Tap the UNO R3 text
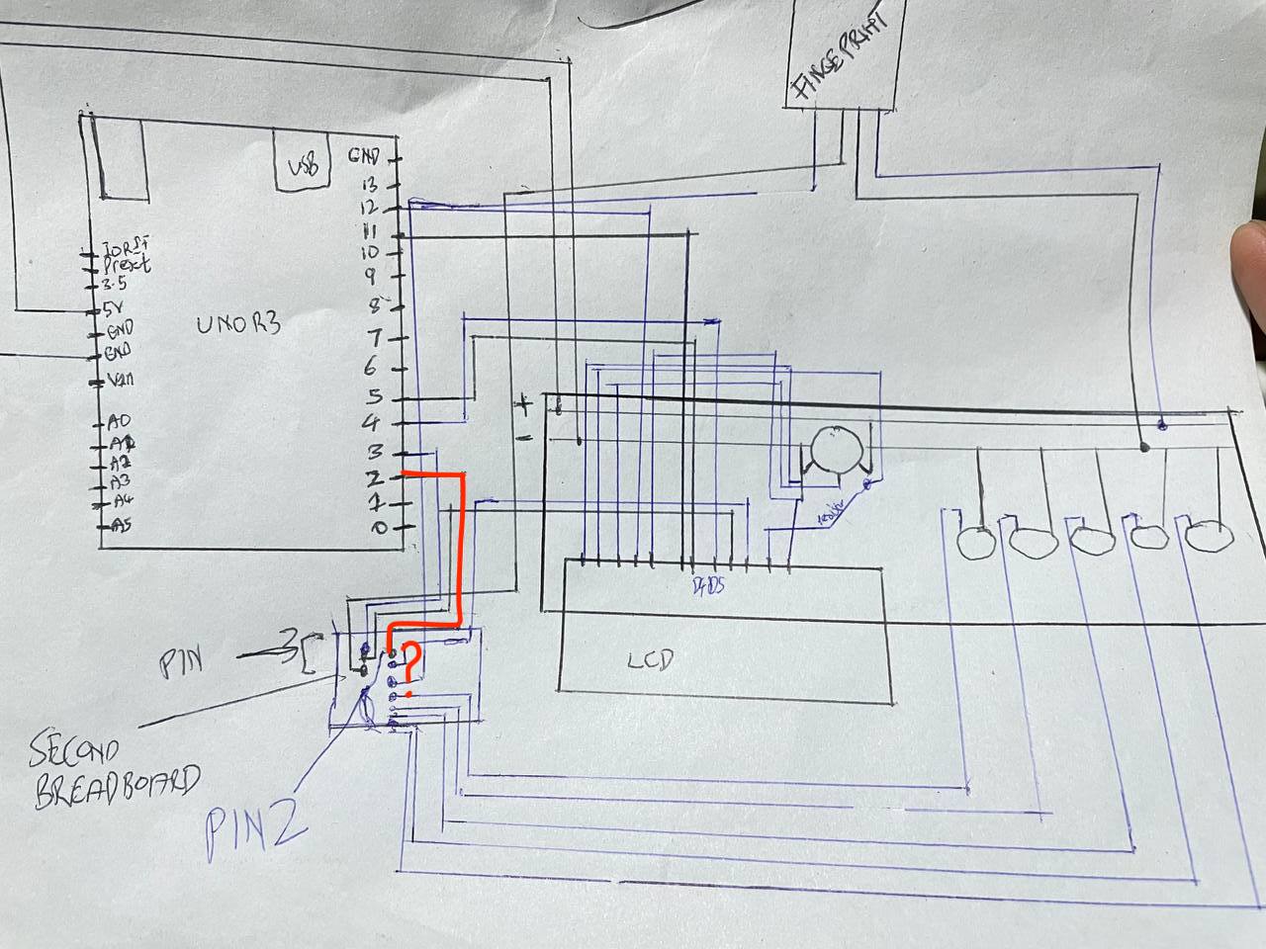coord(237,323)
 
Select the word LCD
coord(650,659)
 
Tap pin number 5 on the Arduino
coord(373,397)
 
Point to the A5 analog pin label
coord(119,524)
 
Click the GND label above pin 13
coord(363,156)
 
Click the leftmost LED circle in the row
coord(977,542)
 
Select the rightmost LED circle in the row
coord(1209,536)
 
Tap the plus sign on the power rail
coord(521,403)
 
